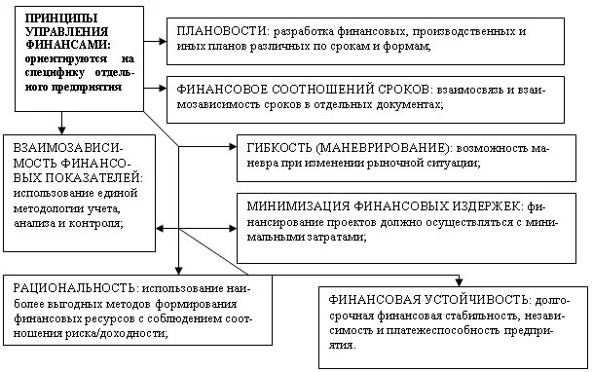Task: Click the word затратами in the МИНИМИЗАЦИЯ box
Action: tap(334, 238)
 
